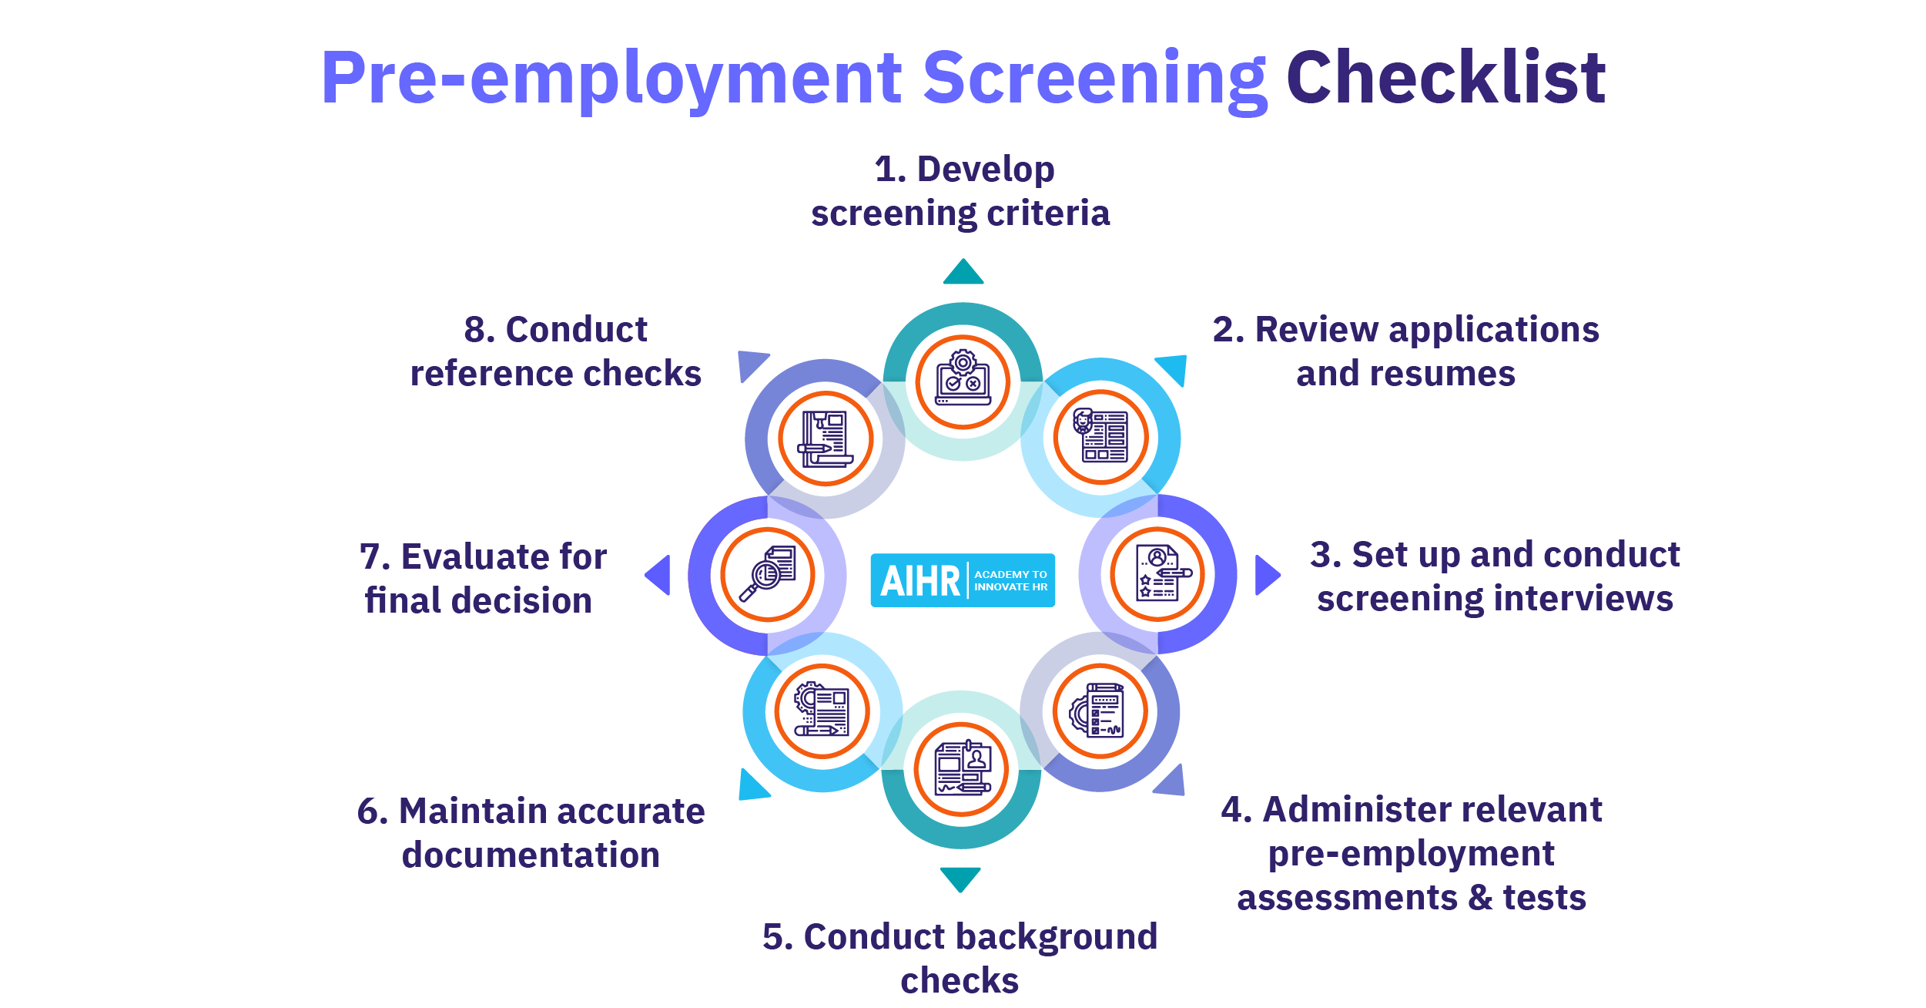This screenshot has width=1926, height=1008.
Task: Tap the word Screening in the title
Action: tap(1094, 79)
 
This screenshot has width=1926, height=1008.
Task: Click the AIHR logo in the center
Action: tap(963, 580)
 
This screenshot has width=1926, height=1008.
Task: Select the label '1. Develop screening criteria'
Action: tap(961, 191)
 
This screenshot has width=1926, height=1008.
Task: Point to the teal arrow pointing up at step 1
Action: tap(963, 273)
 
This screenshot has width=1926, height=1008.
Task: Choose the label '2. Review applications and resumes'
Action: tap(1405, 351)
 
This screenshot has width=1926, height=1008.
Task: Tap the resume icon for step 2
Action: tap(1100, 437)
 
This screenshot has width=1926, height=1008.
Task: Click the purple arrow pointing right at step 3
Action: tap(1266, 575)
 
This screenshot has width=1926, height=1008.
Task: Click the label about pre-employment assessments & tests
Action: tap(1412, 853)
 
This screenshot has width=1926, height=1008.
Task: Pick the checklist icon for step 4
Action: tap(1100, 711)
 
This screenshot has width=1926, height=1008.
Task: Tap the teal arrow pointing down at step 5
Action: tap(960, 879)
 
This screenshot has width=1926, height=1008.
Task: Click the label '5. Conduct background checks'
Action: tap(960, 958)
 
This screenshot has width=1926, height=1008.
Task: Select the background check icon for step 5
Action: tap(961, 769)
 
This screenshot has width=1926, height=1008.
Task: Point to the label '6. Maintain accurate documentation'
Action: tap(531, 833)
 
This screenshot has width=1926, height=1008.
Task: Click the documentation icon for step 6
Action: tap(822, 711)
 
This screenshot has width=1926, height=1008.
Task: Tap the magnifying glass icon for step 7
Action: tap(768, 574)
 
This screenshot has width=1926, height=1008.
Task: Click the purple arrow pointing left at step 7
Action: tap(659, 575)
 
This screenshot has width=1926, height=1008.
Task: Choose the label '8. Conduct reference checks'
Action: tap(555, 351)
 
